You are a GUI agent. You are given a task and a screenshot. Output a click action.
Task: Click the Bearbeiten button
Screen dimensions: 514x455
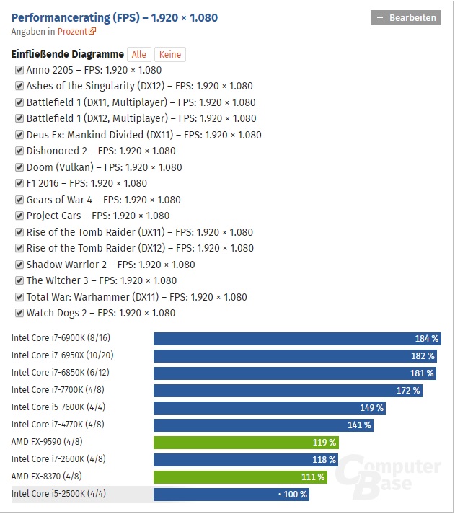click(x=405, y=18)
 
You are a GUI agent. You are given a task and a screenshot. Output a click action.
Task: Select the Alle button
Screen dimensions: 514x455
click(x=139, y=55)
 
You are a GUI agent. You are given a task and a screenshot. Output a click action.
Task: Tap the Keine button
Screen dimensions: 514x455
click(x=169, y=55)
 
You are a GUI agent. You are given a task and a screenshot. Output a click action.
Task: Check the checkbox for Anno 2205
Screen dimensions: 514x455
click(x=19, y=70)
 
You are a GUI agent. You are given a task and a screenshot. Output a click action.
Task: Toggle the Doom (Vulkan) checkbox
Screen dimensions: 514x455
click(x=19, y=167)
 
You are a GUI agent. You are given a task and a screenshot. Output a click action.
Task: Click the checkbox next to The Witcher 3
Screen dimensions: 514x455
click(x=19, y=280)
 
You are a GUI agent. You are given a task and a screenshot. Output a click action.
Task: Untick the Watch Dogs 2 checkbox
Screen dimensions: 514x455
click(x=19, y=313)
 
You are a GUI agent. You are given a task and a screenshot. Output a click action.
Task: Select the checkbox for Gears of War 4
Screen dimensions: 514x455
click(x=19, y=200)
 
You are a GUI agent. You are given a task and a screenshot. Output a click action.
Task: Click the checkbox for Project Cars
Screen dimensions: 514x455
click(x=19, y=216)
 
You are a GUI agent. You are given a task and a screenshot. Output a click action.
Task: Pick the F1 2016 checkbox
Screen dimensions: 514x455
click(x=19, y=183)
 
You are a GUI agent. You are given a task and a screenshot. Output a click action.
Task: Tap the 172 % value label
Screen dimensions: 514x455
click(x=407, y=391)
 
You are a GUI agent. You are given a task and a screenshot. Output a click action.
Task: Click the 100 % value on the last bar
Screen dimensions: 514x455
click(x=293, y=495)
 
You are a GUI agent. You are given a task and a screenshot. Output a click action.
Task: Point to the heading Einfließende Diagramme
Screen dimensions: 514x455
click(x=68, y=55)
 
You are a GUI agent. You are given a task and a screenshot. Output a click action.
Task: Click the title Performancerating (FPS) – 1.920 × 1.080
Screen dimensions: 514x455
click(x=115, y=17)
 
